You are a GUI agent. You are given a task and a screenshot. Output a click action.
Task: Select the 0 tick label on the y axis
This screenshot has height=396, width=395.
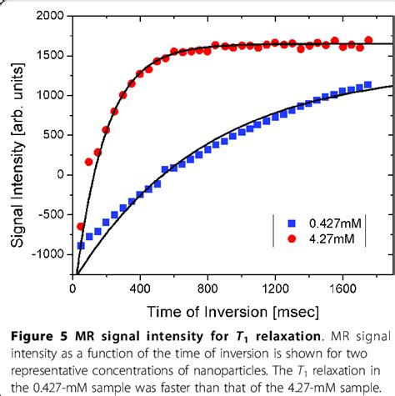(x=60, y=175)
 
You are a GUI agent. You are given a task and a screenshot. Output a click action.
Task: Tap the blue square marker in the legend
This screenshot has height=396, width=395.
(x=292, y=223)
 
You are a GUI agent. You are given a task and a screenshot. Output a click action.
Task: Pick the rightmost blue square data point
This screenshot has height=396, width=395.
(x=367, y=84)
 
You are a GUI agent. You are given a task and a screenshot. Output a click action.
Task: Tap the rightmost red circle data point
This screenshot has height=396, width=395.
(x=368, y=40)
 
